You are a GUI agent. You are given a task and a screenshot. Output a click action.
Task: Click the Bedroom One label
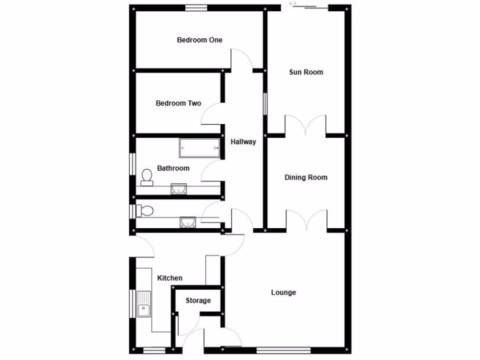[199, 40]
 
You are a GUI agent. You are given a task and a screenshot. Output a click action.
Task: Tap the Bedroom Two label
[179, 103]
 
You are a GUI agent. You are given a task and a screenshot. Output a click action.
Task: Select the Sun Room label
[306, 72]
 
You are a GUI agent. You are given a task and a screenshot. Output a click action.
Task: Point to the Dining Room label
[306, 178]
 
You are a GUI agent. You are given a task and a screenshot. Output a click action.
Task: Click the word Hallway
[243, 142]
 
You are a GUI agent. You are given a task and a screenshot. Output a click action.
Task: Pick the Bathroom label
[173, 168]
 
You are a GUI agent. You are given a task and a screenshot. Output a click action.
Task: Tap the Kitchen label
[170, 278]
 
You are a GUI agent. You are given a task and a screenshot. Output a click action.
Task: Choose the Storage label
[198, 300]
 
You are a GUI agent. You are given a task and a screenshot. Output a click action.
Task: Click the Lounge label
[284, 292]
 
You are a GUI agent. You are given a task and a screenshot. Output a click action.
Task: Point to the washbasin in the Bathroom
[179, 188]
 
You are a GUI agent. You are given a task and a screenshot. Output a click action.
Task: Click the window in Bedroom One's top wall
[196, 7]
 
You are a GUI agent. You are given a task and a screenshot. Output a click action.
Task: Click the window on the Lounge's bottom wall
[284, 350]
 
